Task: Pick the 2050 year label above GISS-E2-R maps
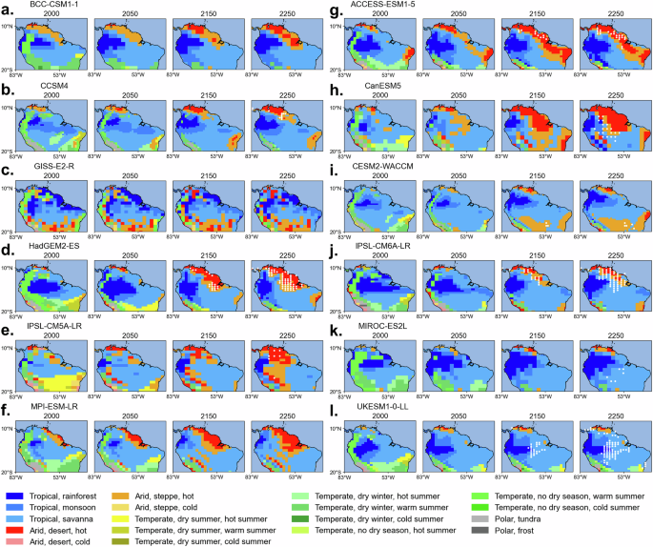117,176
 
